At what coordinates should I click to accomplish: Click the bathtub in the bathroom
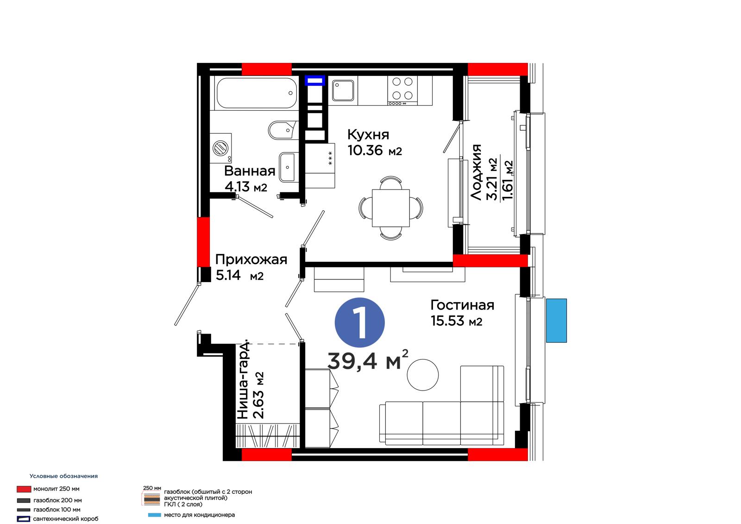[x=257, y=93]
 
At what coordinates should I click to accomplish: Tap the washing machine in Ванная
[x=220, y=148]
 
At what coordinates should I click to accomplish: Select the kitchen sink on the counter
[x=343, y=90]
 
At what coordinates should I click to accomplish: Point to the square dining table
[x=391, y=208]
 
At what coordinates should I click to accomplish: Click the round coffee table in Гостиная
[x=422, y=375]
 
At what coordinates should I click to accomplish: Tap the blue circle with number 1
[x=359, y=322]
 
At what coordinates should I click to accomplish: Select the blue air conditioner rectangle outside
[x=556, y=321]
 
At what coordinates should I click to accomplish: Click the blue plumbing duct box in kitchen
[x=314, y=81]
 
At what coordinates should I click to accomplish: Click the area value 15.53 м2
[x=457, y=321]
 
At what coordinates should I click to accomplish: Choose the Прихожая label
[x=251, y=260]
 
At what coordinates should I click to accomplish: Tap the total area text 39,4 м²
[x=368, y=360]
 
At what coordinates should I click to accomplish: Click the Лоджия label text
[x=476, y=172]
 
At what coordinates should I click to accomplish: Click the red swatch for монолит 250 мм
[x=24, y=489]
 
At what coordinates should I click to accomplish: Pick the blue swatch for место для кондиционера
[x=154, y=515]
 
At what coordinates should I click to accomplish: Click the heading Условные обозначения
[x=63, y=476]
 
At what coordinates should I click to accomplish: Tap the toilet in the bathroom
[x=283, y=130]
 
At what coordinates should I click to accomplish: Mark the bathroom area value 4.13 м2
[x=246, y=187]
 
